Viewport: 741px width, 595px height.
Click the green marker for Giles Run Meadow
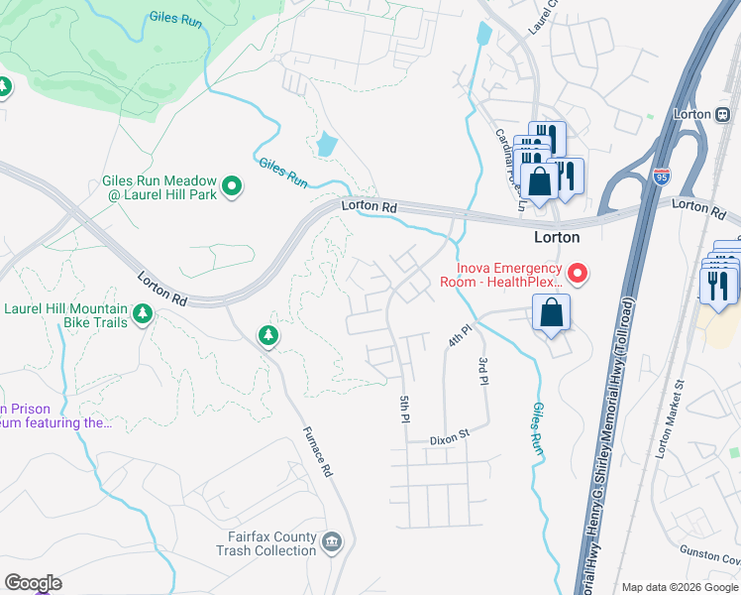coord(232,185)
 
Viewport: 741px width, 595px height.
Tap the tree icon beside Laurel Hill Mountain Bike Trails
coord(143,314)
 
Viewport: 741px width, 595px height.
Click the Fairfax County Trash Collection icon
coord(332,540)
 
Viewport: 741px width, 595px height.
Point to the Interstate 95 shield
coord(662,178)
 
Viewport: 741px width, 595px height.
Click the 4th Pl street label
coord(456,333)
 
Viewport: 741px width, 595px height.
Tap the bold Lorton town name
coord(557,238)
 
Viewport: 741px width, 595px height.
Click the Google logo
coord(33,583)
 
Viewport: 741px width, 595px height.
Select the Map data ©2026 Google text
coord(679,587)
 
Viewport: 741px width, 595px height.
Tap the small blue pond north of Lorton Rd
coord(325,146)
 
